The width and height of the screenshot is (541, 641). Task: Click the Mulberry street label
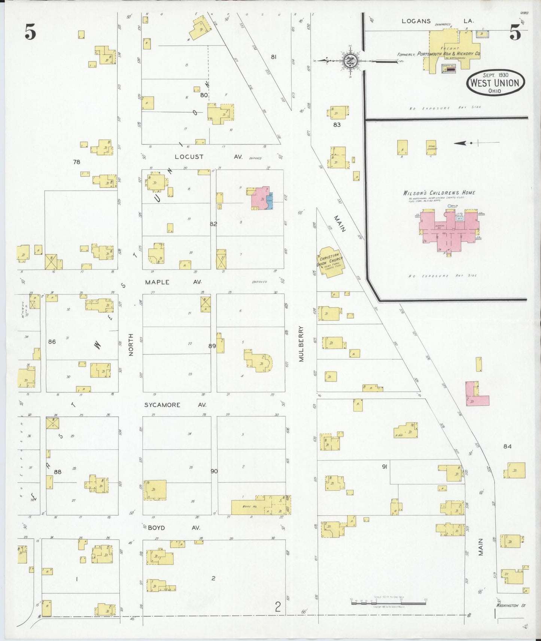point(301,344)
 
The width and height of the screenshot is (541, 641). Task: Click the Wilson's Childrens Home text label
point(439,193)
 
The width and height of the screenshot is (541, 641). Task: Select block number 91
point(384,466)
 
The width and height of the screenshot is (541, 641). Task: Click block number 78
point(77,162)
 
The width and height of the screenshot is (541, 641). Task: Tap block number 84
point(507,446)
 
